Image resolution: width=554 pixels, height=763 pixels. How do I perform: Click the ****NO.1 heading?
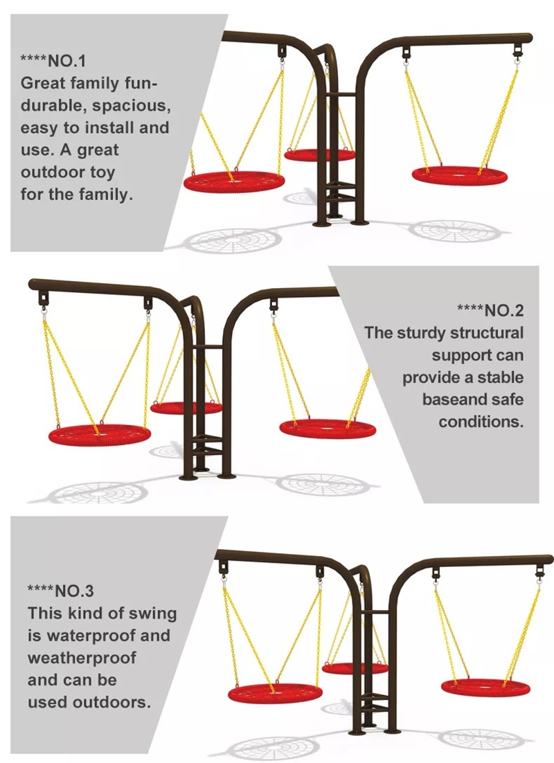pos(53,61)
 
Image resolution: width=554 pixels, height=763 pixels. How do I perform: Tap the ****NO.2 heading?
pos(491,310)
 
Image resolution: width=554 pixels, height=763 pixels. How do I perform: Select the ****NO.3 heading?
pos(60,591)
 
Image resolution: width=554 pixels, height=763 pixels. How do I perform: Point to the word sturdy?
pos(420,333)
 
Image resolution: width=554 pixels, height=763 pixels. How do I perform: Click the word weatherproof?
pos(82,658)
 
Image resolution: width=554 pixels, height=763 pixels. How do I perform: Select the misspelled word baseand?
pos(452,400)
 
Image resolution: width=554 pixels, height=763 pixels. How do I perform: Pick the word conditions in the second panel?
pos(481,422)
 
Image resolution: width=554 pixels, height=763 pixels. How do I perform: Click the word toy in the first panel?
pos(102,172)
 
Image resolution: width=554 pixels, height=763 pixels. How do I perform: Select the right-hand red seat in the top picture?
pos(460,174)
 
